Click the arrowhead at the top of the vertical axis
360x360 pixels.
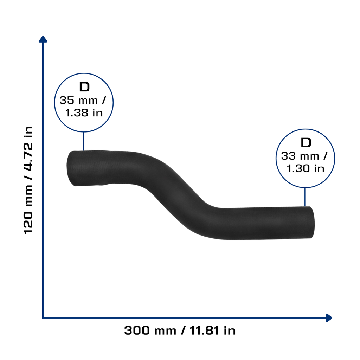click(43, 39)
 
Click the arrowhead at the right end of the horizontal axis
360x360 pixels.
click(329, 318)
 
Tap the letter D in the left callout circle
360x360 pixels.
click(84, 87)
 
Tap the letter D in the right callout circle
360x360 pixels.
click(306, 143)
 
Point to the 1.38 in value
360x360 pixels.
click(84, 113)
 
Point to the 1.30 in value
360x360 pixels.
click(306, 168)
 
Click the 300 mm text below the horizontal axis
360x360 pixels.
click(150, 330)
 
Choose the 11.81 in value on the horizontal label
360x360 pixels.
click(213, 330)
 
